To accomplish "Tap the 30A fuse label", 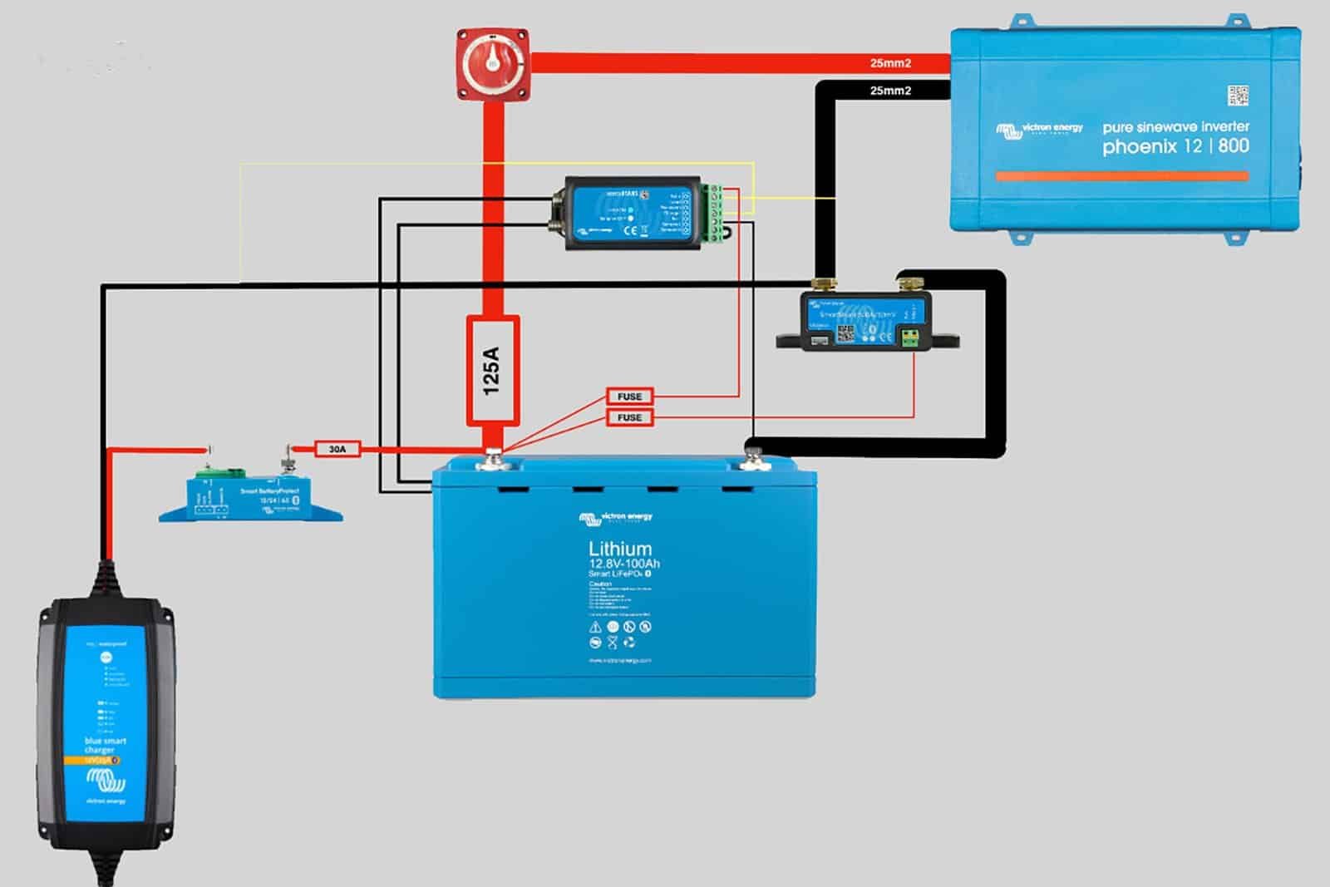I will [x=337, y=449].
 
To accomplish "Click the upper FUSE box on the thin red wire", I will [x=629, y=397].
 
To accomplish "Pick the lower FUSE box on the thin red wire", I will [x=629, y=417].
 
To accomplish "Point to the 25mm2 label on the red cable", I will [x=890, y=63].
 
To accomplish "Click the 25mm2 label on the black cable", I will [x=890, y=91].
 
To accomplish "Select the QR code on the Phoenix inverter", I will [x=1238, y=95].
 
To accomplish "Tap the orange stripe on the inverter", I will [x=1121, y=176].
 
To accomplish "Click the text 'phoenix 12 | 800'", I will [x=1175, y=146].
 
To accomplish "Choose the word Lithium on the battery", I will [x=620, y=549].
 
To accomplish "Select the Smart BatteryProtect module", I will [x=250, y=497].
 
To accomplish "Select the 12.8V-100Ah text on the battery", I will [x=624, y=564].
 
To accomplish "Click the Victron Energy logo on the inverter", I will [x=1039, y=129].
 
